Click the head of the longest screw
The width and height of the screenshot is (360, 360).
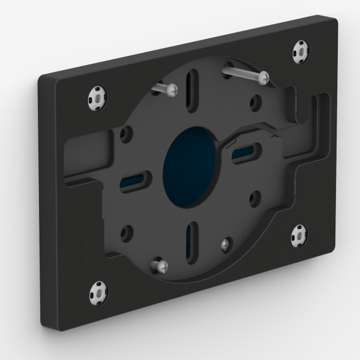pos(263,77)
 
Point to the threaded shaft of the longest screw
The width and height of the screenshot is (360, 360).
pos(240,71)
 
